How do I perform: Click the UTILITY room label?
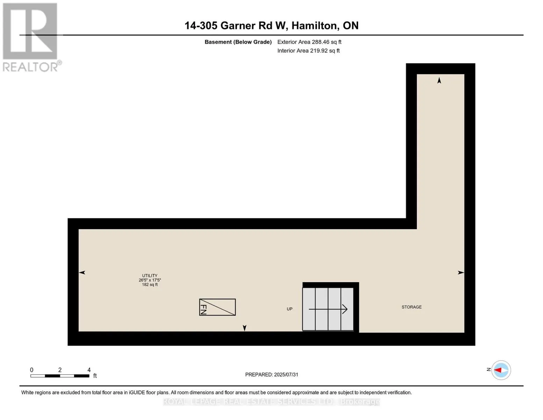[150, 275]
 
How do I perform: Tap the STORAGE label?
[412, 307]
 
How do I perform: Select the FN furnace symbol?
[217, 307]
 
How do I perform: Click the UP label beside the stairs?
[290, 309]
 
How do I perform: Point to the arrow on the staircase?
[328, 309]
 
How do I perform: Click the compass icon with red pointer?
[501, 370]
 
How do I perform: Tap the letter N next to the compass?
[488, 369]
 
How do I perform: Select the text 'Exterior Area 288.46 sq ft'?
[309, 42]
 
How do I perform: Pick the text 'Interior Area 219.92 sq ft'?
[308, 51]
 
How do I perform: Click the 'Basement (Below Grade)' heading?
[238, 42]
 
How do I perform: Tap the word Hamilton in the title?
[315, 26]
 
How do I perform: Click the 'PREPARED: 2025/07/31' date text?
[272, 374]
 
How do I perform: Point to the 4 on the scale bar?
[89, 370]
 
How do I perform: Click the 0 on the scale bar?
[32, 370]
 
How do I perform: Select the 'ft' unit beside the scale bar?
[95, 376]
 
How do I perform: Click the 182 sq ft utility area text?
[150, 285]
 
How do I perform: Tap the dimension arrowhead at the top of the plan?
[439, 80]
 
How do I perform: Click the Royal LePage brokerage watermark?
[271, 401]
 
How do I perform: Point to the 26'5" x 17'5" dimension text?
[150, 280]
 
